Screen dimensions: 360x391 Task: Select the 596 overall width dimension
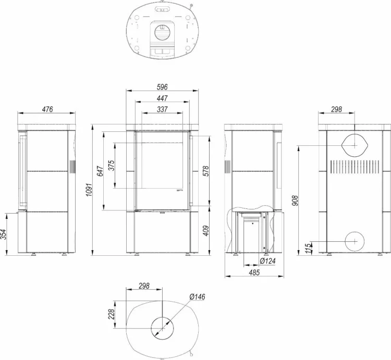[x=162, y=87]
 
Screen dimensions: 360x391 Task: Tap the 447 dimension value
[x=162, y=98]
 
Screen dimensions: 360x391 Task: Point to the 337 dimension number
[x=162, y=109]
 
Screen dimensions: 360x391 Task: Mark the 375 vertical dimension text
[x=111, y=165]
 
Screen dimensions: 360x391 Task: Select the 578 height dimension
[x=207, y=170]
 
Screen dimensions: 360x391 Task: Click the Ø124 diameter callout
[x=267, y=260]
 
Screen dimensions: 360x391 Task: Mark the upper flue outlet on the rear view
[x=355, y=145]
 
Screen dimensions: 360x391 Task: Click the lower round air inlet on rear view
[x=355, y=241]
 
